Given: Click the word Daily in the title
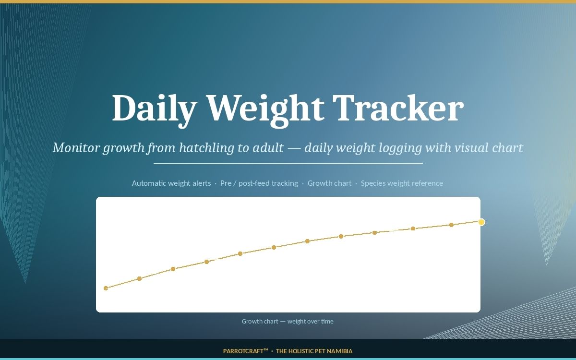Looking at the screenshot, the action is pyautogui.click(x=155, y=109).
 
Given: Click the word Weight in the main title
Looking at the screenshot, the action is pyautogui.click(x=265, y=110).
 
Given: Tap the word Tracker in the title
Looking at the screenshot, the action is pyautogui.click(x=398, y=108).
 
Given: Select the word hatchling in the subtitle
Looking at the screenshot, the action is pyautogui.click(x=206, y=148).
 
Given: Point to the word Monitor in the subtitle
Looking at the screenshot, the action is pyautogui.click(x=76, y=148).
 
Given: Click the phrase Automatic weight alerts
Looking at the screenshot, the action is pyautogui.click(x=171, y=183).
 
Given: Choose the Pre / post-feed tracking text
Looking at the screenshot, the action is pyautogui.click(x=259, y=183).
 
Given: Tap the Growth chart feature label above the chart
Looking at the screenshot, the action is pyautogui.click(x=329, y=183).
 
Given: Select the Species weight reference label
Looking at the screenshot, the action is pyautogui.click(x=402, y=183).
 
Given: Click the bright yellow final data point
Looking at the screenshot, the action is pyautogui.click(x=481, y=222).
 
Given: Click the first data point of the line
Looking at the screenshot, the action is pyautogui.click(x=106, y=288).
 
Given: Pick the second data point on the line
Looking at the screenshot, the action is pyautogui.click(x=139, y=278).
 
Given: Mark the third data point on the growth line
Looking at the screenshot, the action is pyautogui.click(x=173, y=269).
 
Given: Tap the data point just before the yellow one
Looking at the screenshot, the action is pyautogui.click(x=451, y=225).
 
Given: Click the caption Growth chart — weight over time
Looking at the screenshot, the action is pyautogui.click(x=288, y=321).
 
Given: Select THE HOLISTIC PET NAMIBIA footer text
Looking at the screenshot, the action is pyautogui.click(x=314, y=351).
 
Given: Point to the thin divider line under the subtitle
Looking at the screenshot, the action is pyautogui.click(x=288, y=163).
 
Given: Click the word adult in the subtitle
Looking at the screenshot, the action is pyautogui.click(x=268, y=148).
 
